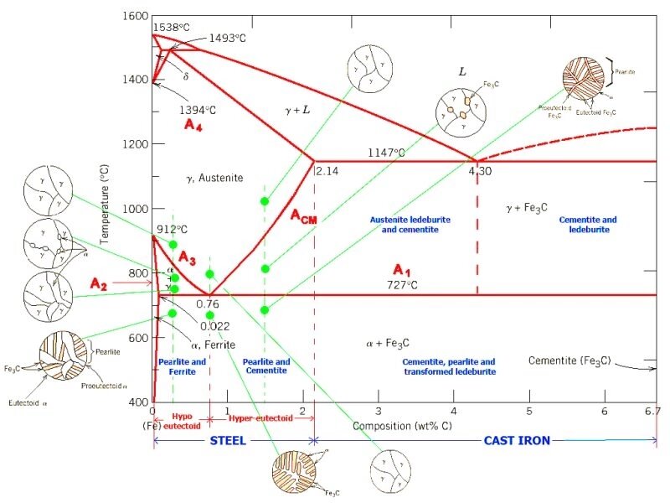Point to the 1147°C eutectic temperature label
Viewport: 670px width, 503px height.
point(387,153)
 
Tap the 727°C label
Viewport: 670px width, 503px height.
point(411,285)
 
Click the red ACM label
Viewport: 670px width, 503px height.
point(304,215)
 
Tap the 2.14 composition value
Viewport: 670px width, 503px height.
point(325,170)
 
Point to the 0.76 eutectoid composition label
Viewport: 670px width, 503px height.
point(207,303)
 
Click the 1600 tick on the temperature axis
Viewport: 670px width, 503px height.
point(133,17)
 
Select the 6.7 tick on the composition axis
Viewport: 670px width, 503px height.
point(652,411)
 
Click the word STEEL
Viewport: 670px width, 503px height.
point(227,440)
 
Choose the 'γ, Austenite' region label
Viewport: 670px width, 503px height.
point(214,178)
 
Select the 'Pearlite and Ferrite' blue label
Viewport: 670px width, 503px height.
point(182,366)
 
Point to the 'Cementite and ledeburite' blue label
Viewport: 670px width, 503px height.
point(587,225)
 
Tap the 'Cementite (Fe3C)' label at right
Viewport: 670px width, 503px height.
point(569,360)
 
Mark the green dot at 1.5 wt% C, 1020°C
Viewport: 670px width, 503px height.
point(265,201)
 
